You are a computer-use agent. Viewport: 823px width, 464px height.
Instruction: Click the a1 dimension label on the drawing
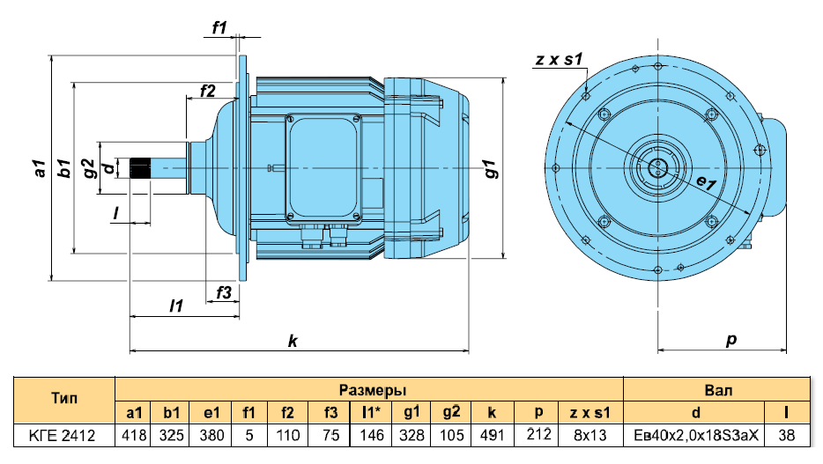(x=40, y=168)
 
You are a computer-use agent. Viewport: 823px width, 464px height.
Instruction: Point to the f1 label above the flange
(x=219, y=27)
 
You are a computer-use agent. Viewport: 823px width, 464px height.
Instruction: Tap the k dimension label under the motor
(x=293, y=342)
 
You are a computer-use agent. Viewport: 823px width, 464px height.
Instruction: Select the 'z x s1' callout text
(x=559, y=59)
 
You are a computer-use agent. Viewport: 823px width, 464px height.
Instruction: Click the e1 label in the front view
(x=706, y=183)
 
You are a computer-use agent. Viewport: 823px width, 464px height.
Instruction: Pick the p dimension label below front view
(x=731, y=340)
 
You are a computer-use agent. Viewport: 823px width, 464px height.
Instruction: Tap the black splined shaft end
(x=140, y=168)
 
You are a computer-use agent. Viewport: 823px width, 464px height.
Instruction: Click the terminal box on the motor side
(x=323, y=169)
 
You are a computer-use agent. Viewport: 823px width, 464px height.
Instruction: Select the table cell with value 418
(x=134, y=435)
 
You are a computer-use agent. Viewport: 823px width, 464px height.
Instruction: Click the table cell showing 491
(x=492, y=435)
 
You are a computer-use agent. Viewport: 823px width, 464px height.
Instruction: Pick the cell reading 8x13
(x=590, y=435)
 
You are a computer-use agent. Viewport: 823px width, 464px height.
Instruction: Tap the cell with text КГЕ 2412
(x=63, y=435)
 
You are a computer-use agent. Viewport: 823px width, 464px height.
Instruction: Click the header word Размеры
(x=373, y=390)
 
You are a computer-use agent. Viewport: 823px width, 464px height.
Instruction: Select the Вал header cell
(x=718, y=390)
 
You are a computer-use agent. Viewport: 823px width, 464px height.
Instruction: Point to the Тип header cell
(x=64, y=400)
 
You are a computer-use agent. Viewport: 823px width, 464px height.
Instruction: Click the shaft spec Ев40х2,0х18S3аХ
(x=696, y=435)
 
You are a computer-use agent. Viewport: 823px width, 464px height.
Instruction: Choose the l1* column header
(x=371, y=413)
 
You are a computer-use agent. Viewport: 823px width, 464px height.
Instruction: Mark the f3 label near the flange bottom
(x=224, y=292)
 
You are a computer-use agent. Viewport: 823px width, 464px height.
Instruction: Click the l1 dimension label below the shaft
(x=176, y=306)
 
